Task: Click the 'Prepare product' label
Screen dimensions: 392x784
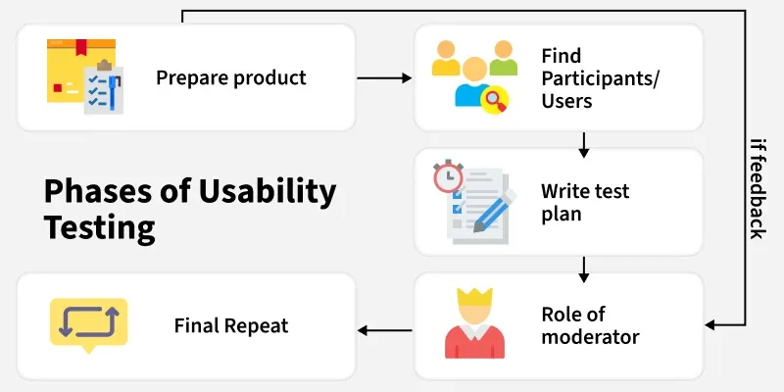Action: click(x=231, y=77)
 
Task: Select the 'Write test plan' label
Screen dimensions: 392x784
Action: click(x=584, y=202)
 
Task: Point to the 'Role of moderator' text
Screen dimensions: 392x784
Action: click(x=590, y=326)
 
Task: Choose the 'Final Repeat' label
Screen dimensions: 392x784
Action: click(x=231, y=325)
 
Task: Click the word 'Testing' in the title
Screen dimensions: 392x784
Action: click(x=100, y=227)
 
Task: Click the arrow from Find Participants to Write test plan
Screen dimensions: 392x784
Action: click(x=584, y=145)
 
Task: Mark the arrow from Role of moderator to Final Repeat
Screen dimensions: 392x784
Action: click(x=384, y=330)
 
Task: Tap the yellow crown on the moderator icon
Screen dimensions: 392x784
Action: click(x=472, y=295)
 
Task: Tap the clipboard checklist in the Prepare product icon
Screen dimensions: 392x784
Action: click(x=103, y=89)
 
